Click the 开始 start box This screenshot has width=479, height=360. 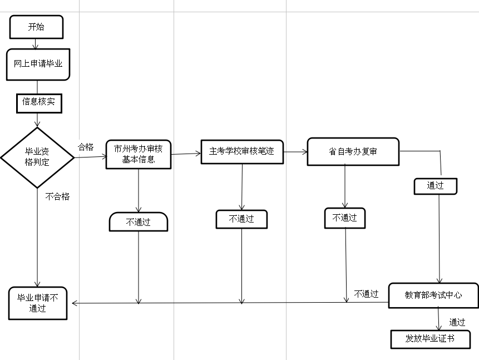point(36,27)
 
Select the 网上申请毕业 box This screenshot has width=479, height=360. point(38,64)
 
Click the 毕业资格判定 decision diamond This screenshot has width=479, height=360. point(37,157)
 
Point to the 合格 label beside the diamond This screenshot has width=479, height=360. point(86,147)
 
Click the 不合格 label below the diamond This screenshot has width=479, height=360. point(57,196)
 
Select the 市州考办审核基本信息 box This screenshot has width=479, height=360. point(138,154)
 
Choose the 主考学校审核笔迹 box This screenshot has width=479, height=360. point(242,151)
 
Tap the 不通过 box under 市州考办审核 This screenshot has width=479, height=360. point(138,221)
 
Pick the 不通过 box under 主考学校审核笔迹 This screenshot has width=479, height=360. point(241,219)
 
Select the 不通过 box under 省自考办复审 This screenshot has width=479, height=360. point(345,218)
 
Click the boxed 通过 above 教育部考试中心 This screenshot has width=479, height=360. point(435,186)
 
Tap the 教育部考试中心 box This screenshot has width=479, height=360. point(433,295)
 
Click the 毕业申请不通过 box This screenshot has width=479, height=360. point(38,303)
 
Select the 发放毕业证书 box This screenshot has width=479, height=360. point(431,338)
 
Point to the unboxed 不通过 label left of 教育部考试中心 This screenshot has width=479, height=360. point(366,294)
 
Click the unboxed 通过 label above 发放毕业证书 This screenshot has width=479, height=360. point(457,322)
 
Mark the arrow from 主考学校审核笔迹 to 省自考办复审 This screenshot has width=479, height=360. point(295,151)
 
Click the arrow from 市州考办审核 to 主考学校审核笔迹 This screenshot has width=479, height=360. point(186,154)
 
